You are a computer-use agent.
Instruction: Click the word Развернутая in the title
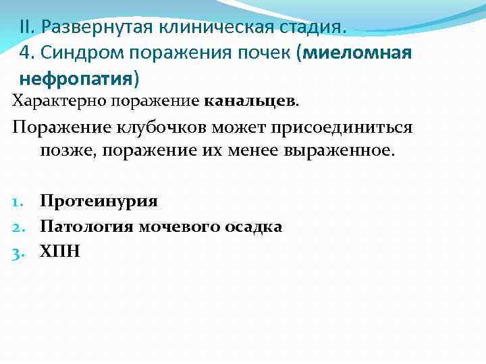tap(98, 28)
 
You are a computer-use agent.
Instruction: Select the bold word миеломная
tap(357, 54)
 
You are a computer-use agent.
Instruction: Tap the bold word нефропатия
tap(76, 80)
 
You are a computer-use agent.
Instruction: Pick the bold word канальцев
tap(249, 102)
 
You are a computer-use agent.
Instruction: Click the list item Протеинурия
tap(99, 202)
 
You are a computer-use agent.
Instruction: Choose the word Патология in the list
tap(87, 226)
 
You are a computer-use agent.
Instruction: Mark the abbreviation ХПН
tap(59, 251)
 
